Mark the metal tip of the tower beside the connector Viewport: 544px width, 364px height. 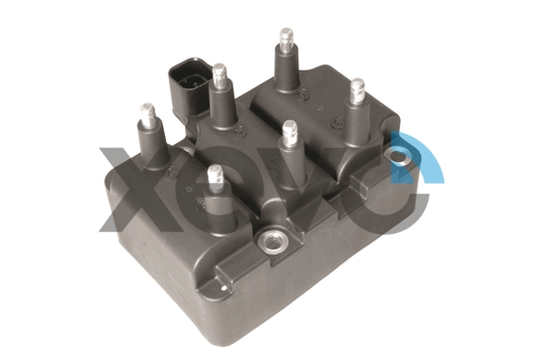[x=220, y=74]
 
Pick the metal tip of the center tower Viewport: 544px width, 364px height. [x=290, y=133]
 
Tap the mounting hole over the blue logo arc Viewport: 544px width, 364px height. [x=398, y=158]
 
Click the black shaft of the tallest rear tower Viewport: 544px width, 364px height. [x=286, y=68]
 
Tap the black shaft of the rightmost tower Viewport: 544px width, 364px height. [x=355, y=118]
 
